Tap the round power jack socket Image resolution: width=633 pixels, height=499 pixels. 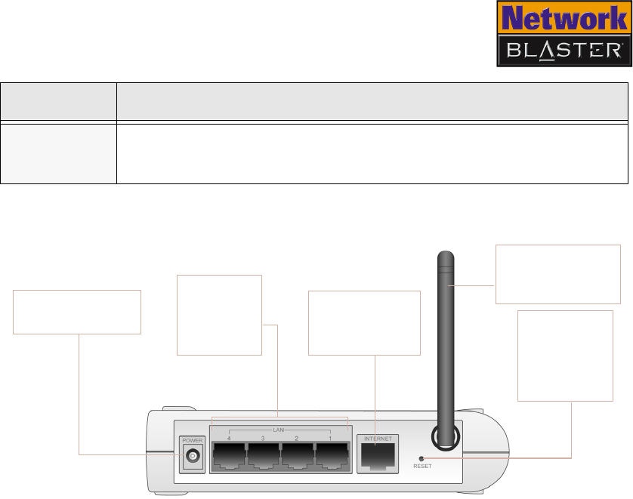click(193, 456)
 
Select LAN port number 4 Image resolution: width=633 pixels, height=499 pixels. click(229, 456)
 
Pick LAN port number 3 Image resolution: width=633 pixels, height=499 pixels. click(263, 456)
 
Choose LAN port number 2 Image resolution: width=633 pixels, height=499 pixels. click(297, 456)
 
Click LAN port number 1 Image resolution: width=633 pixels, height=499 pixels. click(331, 456)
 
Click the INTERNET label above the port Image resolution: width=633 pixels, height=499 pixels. click(378, 438)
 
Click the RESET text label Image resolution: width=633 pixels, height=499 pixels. click(422, 467)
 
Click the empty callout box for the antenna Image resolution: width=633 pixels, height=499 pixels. click(557, 273)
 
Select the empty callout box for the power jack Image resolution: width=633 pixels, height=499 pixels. click(77, 311)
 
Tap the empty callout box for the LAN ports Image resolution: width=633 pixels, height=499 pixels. click(218, 315)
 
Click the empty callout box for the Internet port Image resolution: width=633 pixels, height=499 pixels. click(365, 322)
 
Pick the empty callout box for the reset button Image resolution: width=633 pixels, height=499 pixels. click(565, 355)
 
